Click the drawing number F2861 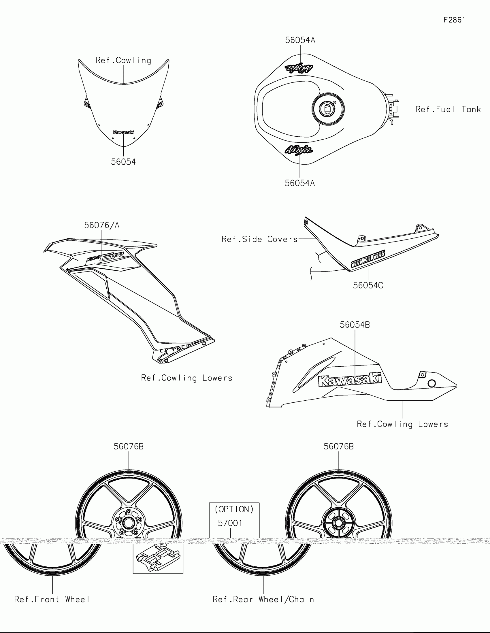(454, 20)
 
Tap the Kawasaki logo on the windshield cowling (123, 133)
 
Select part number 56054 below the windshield (123, 162)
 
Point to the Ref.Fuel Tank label (448, 109)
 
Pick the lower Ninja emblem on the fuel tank (299, 150)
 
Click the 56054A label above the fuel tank (300, 40)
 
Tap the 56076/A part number (102, 225)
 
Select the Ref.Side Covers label (259, 239)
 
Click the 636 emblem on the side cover (368, 259)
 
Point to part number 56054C (368, 285)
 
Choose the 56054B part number (355, 325)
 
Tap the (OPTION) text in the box (234, 509)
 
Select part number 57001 (230, 523)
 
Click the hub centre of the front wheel (128, 523)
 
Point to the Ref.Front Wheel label (52, 599)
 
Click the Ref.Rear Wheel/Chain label (263, 599)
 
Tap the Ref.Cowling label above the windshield (123, 60)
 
